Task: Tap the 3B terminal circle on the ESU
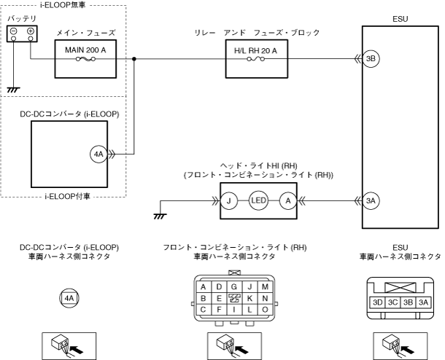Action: [371, 58]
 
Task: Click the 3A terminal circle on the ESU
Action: [371, 200]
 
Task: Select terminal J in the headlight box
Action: [231, 200]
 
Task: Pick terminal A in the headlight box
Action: [288, 200]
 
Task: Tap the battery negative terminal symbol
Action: [14, 31]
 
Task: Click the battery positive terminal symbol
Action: [30, 31]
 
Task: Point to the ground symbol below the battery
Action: [12, 90]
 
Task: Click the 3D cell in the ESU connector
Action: [378, 301]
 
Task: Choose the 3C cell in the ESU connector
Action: [394, 301]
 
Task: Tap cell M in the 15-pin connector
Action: [264, 287]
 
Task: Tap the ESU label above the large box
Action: [400, 14]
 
